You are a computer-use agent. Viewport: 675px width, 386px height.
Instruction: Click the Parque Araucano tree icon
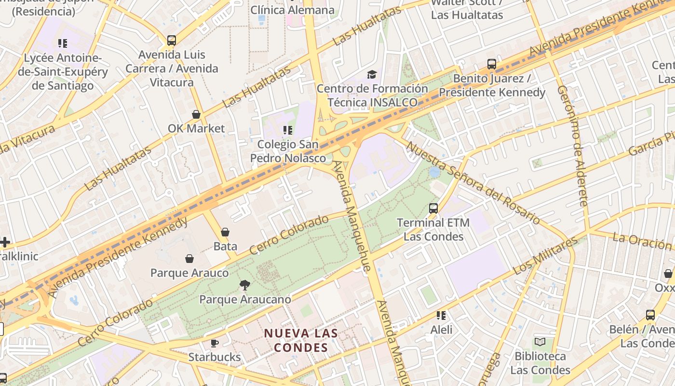tap(245, 285)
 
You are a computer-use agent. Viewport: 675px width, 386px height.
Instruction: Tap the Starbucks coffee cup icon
tap(215, 343)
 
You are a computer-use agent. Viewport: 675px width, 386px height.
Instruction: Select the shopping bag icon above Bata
tap(225, 232)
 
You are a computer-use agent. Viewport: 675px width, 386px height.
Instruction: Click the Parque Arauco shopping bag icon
tap(189, 259)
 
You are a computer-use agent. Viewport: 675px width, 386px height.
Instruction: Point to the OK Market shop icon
tap(196, 114)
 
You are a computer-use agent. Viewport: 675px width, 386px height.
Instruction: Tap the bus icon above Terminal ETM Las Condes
tap(433, 208)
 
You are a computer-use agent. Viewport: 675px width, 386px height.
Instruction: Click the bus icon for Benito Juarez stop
tap(492, 64)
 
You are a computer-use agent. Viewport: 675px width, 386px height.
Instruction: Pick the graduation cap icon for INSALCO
tap(372, 74)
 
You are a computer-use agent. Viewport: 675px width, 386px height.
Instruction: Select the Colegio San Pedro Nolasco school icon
tap(288, 130)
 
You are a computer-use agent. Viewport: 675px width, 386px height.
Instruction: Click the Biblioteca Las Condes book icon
tap(540, 342)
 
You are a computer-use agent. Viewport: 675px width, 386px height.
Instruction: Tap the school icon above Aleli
tap(441, 316)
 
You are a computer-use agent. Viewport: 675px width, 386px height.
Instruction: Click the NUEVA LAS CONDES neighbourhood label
tap(301, 340)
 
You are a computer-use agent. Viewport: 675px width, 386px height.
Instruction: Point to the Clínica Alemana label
tap(293, 10)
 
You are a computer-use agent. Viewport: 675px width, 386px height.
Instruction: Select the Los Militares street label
tap(545, 256)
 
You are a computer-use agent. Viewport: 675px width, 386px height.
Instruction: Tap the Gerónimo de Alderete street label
tap(573, 146)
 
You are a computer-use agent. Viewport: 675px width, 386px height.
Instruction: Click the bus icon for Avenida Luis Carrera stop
tap(172, 41)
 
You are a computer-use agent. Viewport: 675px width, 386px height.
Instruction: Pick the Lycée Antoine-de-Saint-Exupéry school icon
tap(63, 44)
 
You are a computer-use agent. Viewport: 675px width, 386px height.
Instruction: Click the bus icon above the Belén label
tap(650, 315)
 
